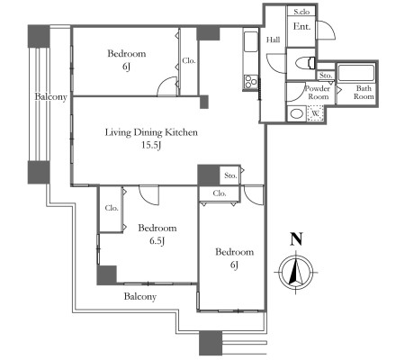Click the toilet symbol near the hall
(x=304, y=64)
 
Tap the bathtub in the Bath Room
(x=356, y=73)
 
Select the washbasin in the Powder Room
(x=296, y=114)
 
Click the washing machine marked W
(x=315, y=113)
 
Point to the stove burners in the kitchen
(x=251, y=82)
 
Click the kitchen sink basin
(x=251, y=41)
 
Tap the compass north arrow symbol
(x=296, y=273)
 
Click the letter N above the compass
(x=296, y=239)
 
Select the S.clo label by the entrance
(x=301, y=12)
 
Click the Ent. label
(x=301, y=27)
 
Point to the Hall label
(x=274, y=40)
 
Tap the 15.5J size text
(x=151, y=146)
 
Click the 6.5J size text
(x=157, y=240)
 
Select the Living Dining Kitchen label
(x=151, y=132)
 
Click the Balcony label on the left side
(x=50, y=97)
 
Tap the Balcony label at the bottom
(x=140, y=297)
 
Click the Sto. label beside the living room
(x=230, y=175)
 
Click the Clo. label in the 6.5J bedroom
(x=112, y=208)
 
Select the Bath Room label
(x=364, y=93)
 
